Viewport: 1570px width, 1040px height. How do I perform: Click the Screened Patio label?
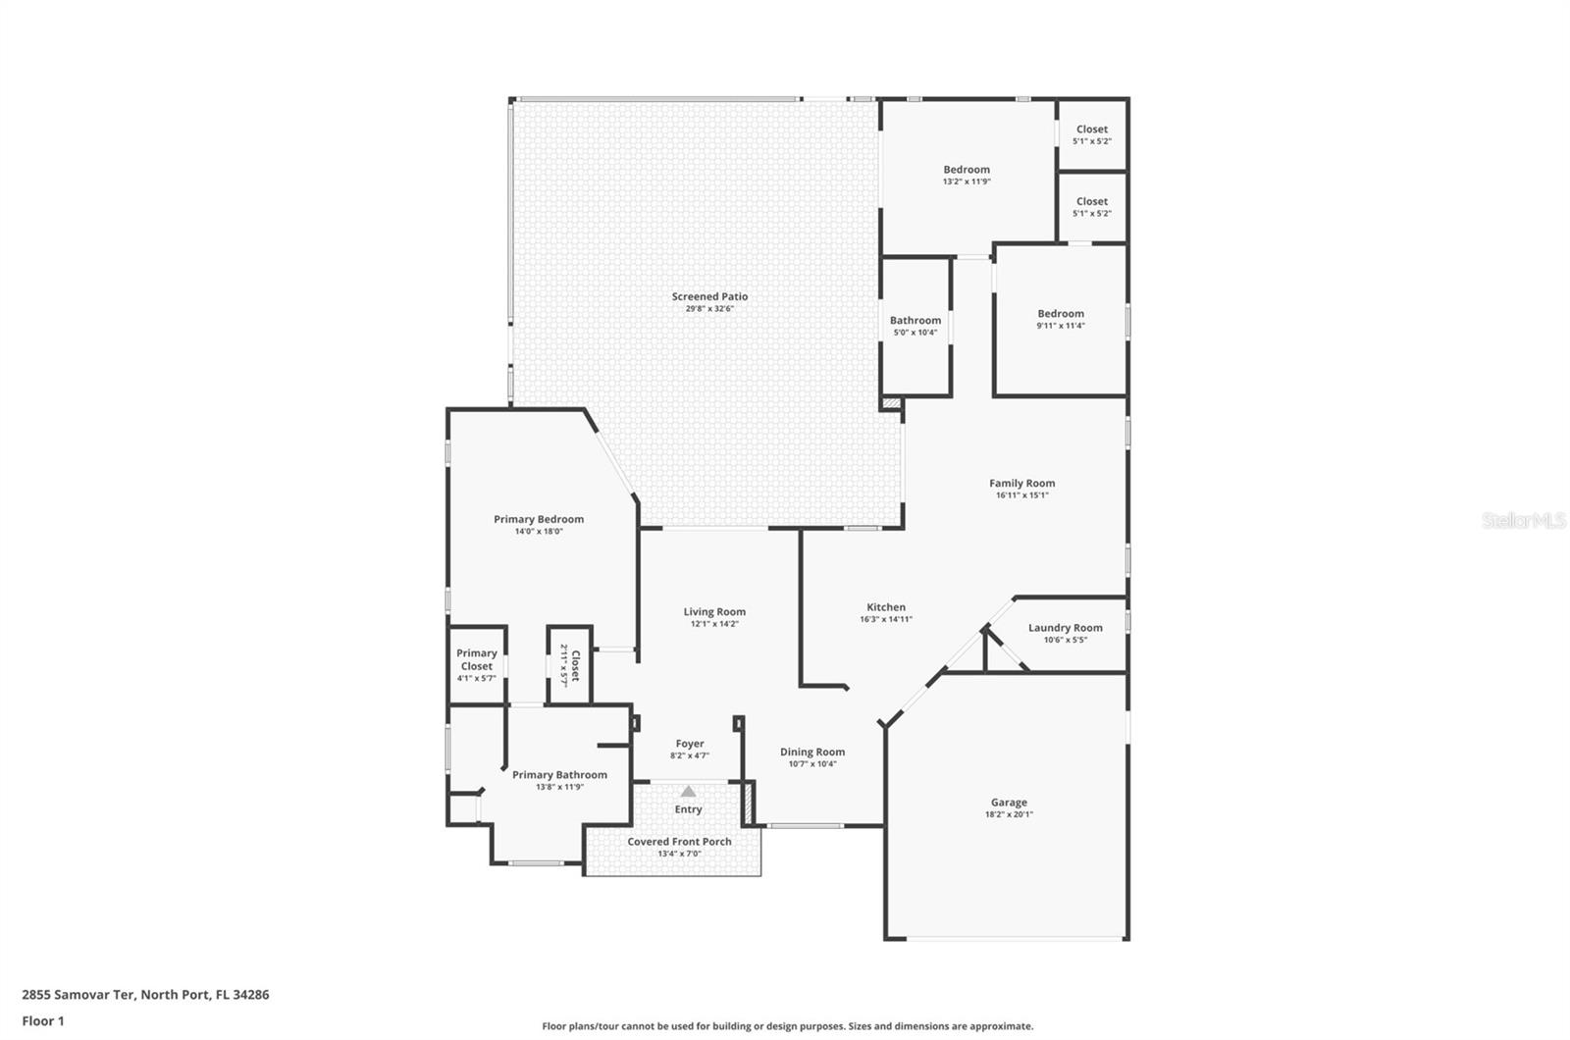pos(709,296)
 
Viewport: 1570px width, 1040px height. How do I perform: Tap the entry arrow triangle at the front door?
pos(689,791)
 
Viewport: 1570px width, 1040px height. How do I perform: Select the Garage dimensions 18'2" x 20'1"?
pos(1009,814)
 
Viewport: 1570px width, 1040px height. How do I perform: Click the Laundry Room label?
pos(1065,628)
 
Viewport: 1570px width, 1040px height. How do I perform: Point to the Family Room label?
pos(1021,483)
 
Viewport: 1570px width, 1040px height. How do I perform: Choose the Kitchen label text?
pos(885,607)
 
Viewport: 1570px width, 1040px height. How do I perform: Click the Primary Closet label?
pos(477,659)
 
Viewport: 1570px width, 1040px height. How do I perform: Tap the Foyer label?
pos(690,744)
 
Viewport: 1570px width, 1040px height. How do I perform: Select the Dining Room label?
pos(812,752)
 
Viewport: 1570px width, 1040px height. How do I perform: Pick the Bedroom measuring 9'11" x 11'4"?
pos(1061,319)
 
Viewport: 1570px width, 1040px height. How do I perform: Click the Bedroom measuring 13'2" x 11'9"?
pos(967,175)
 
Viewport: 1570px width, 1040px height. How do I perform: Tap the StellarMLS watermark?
pos(1523,521)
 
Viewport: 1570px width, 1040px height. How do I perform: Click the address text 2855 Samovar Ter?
pos(145,994)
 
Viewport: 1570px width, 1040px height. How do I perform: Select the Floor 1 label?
pos(43,1020)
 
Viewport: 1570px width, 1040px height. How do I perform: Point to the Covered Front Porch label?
pos(679,842)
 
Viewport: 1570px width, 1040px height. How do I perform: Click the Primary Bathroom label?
pos(559,775)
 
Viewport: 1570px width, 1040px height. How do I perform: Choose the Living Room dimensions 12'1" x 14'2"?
pos(714,624)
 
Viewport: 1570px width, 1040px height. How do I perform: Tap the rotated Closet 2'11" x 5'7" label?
pos(570,665)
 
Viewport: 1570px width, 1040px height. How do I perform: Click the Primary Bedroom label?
pos(539,519)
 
